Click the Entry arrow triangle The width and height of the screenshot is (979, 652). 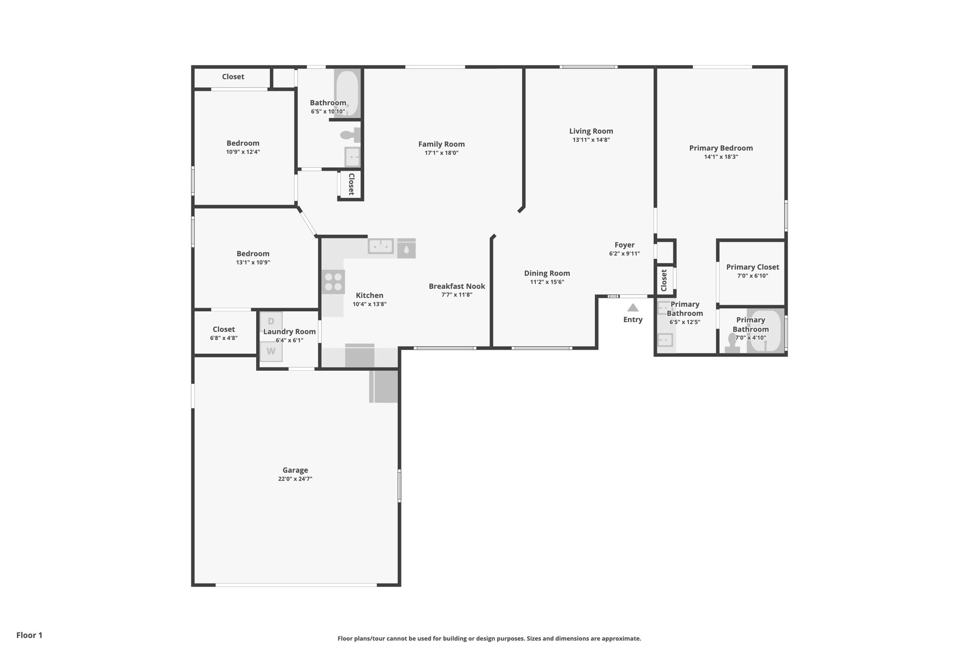tap(632, 308)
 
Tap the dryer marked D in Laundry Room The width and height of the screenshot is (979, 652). tap(271, 321)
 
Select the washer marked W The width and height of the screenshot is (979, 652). tap(271, 351)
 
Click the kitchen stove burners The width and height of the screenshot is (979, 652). tap(333, 281)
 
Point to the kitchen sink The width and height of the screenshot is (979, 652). tap(381, 246)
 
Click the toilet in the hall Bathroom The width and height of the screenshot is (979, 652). tap(350, 135)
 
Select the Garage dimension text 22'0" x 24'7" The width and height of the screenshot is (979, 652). tap(295, 479)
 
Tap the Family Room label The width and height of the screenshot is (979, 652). tap(441, 144)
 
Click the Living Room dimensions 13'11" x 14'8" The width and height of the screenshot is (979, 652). tap(591, 140)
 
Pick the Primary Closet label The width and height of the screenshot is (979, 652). tap(752, 267)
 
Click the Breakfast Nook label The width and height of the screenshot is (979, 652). tap(457, 286)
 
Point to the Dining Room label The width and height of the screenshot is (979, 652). tap(547, 273)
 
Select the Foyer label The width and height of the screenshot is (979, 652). tap(624, 245)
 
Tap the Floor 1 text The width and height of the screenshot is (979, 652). tap(29, 635)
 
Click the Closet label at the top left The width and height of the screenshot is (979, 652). tap(233, 76)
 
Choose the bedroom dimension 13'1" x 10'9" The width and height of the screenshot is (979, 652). tap(253, 262)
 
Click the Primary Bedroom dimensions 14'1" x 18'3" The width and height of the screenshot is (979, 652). tap(721, 157)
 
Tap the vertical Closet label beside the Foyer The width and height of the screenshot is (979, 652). tap(664, 280)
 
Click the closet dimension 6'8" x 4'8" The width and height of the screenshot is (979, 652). tap(224, 338)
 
